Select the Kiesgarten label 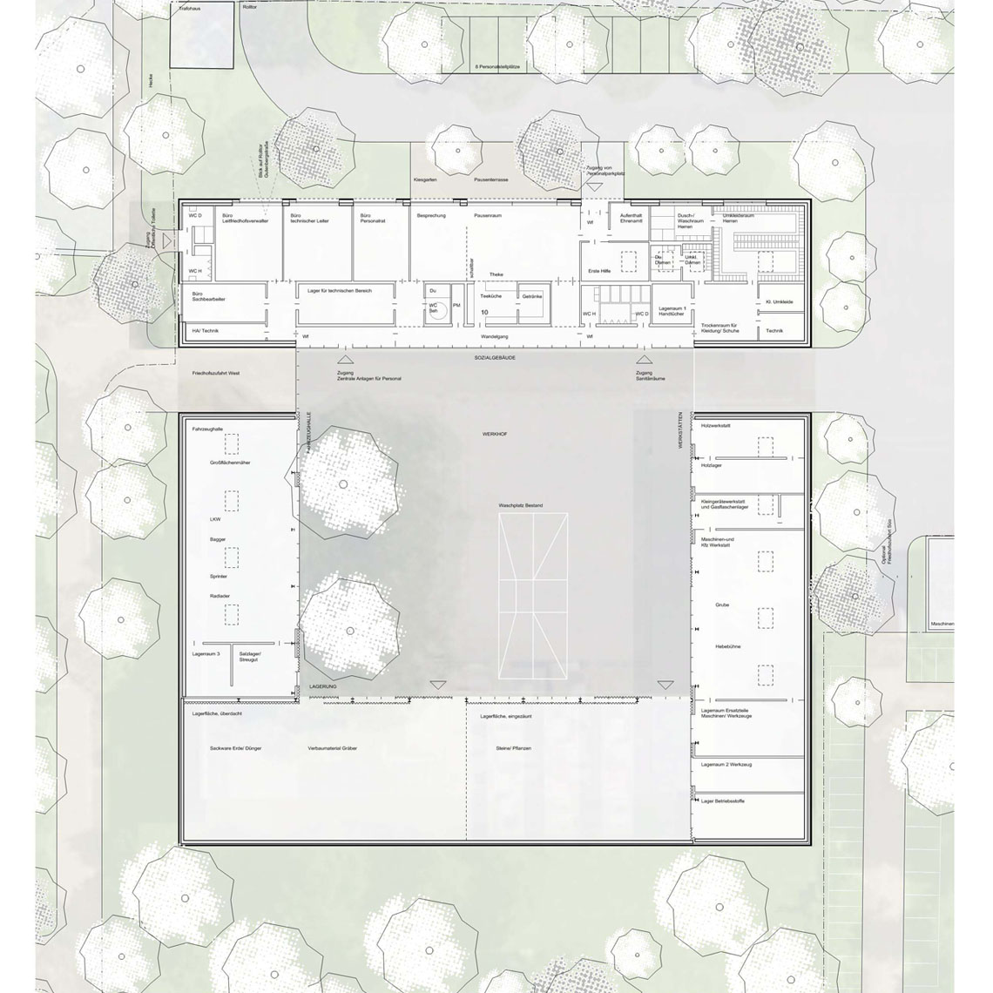[426, 179]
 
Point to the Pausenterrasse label [491, 179]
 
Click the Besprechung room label [431, 215]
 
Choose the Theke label [496, 274]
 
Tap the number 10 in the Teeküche [485, 311]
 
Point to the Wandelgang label [495, 336]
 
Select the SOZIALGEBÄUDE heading [495, 358]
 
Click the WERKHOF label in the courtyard [495, 433]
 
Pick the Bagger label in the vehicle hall [218, 539]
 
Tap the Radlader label [220, 596]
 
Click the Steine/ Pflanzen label [514, 748]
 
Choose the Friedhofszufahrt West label [216, 373]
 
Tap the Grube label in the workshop [723, 605]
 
